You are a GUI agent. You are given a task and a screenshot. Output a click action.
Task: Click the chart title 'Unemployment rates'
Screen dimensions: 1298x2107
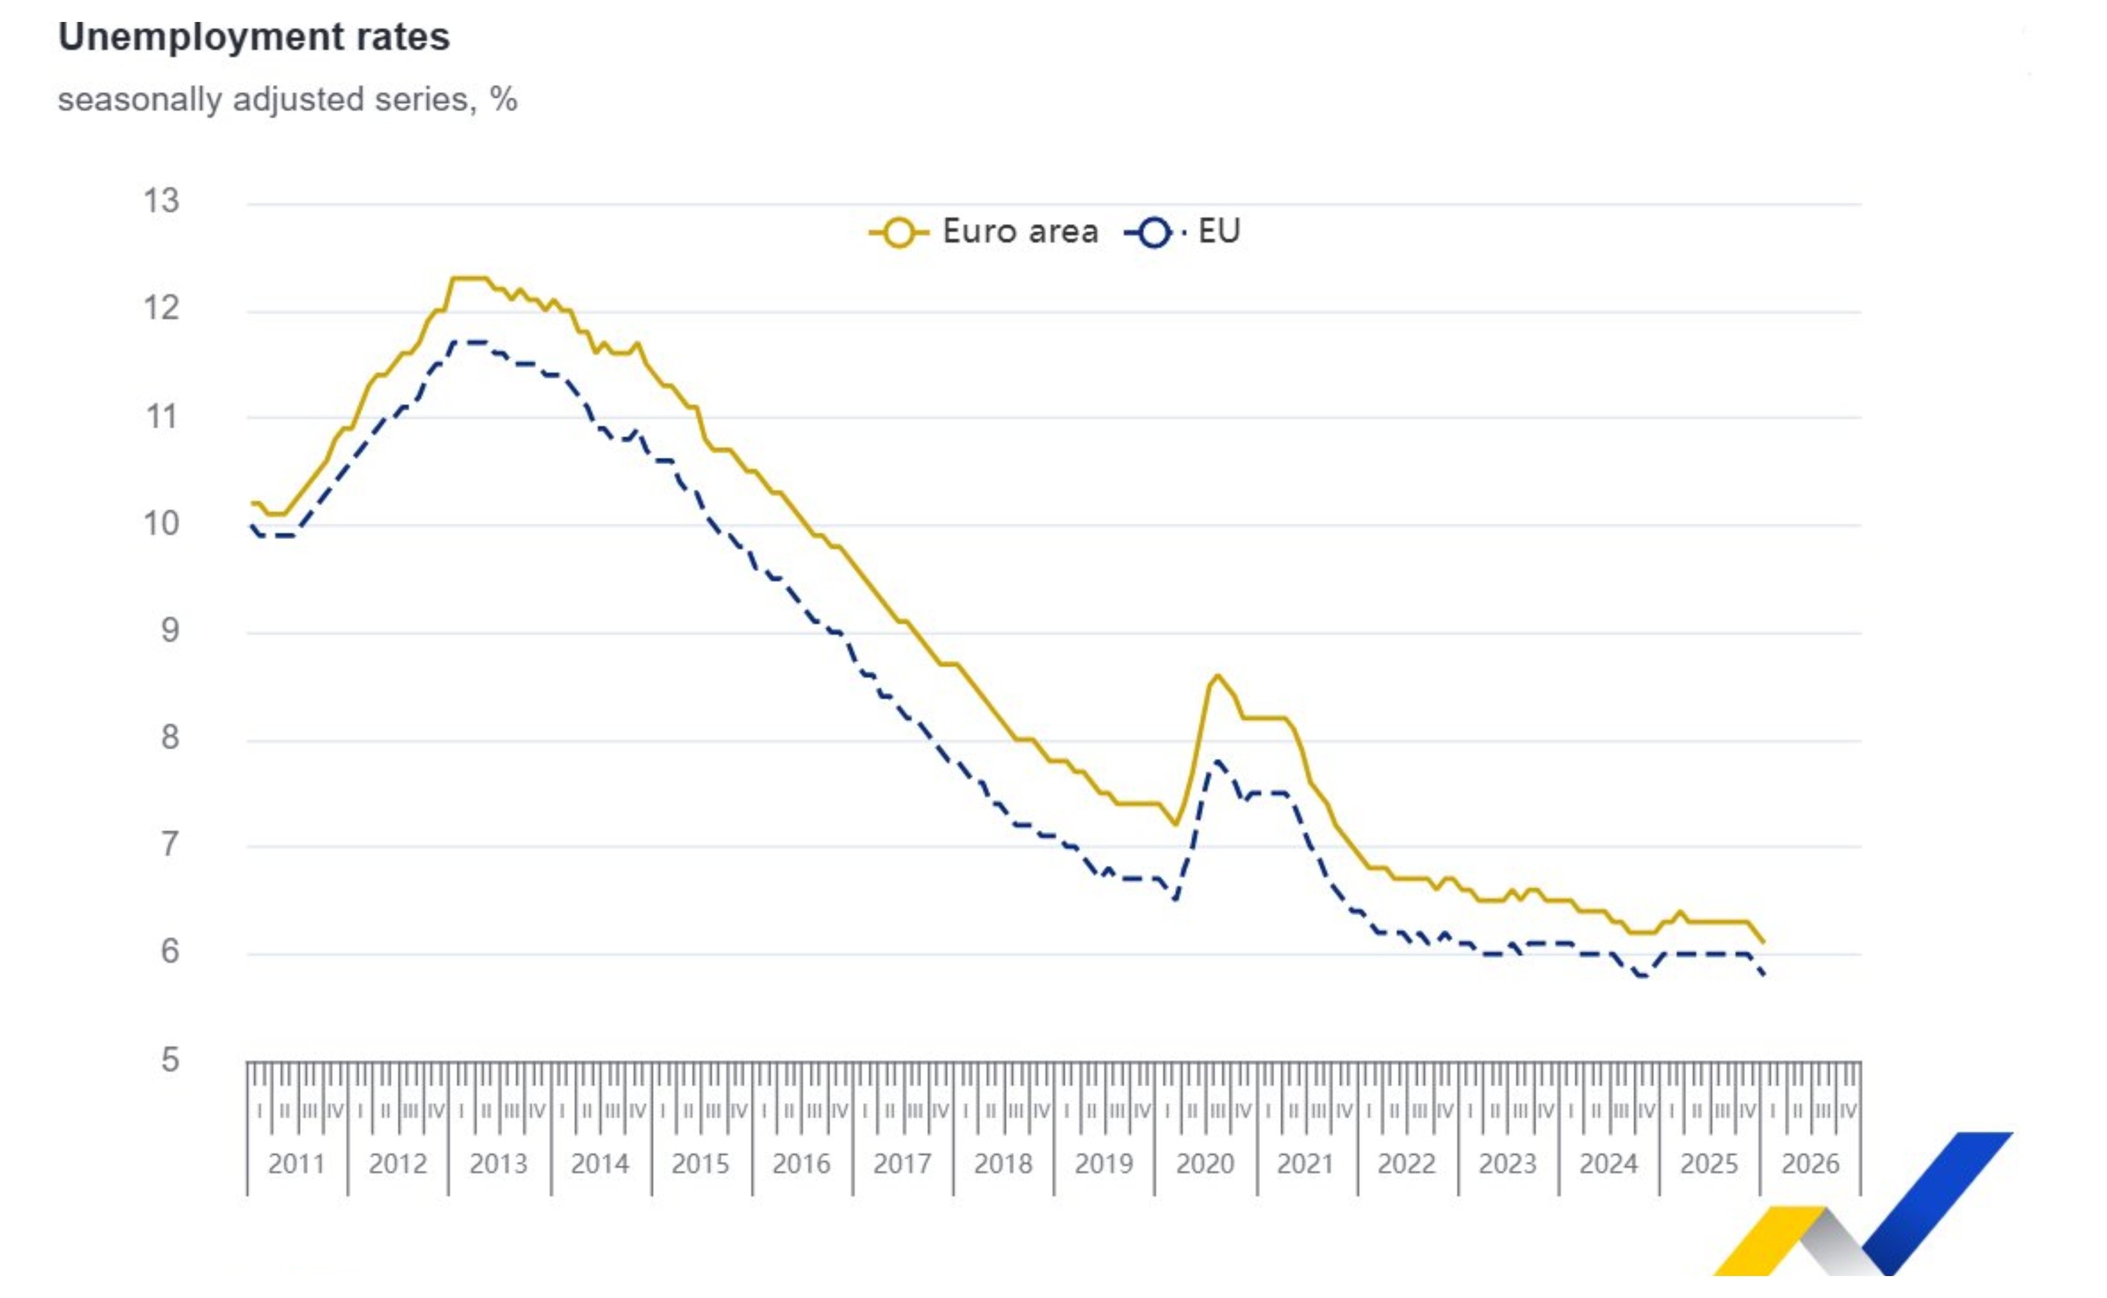click(x=254, y=37)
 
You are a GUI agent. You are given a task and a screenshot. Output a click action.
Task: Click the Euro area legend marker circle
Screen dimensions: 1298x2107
click(x=899, y=232)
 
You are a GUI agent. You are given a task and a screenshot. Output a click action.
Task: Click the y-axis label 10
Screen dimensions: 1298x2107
click(x=161, y=523)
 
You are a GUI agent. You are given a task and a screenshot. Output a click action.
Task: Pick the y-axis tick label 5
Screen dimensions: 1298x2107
click(x=170, y=1060)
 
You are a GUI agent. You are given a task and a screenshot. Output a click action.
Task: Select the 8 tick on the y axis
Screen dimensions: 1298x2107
click(x=170, y=737)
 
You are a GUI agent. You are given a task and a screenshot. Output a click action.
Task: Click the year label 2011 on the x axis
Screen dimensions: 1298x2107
click(x=296, y=1164)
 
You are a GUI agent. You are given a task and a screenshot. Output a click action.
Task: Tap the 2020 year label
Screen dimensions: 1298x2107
click(x=1205, y=1164)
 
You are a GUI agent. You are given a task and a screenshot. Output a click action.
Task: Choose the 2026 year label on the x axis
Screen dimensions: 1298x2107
click(x=1810, y=1164)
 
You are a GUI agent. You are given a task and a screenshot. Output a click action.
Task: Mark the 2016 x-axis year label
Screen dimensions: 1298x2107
click(x=801, y=1164)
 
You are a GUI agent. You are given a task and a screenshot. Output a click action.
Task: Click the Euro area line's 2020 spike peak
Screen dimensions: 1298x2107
click(x=1217, y=676)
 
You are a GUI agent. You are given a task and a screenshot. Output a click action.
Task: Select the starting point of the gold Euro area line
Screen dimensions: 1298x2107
click(x=252, y=503)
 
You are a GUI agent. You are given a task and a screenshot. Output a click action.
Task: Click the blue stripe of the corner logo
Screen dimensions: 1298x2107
click(x=1940, y=1202)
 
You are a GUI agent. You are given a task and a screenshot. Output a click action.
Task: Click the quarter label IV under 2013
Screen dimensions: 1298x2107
click(x=538, y=1111)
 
